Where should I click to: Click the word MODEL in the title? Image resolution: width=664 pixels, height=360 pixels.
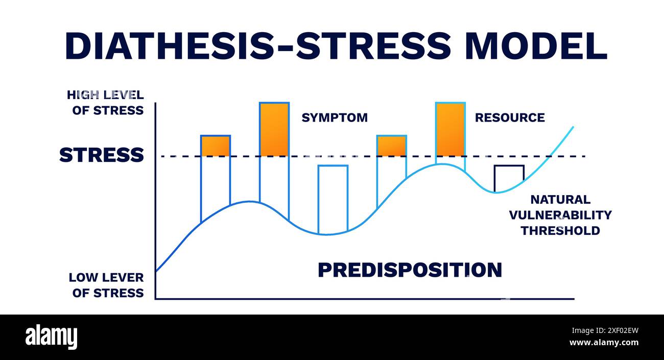point(537,46)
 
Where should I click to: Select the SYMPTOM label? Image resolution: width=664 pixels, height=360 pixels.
point(335,117)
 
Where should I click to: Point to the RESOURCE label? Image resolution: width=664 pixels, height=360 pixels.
point(510,117)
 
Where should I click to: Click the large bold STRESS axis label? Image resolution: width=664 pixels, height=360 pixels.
point(102,155)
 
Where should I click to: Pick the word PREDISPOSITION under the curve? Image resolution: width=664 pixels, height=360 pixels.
point(410,270)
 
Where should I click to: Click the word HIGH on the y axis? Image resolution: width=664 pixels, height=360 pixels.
point(83,95)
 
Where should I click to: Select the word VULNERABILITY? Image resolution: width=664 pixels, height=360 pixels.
point(560,215)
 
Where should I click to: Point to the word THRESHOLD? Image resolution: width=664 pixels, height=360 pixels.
point(560,230)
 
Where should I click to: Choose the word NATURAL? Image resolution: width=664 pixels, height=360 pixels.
point(560,200)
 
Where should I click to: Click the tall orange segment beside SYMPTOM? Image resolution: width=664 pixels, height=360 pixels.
point(274,129)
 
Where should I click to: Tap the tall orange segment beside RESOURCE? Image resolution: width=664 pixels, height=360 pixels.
point(450,129)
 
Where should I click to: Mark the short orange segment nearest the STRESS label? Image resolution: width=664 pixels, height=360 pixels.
point(216,146)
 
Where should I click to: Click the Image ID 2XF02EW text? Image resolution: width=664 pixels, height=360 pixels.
point(605,330)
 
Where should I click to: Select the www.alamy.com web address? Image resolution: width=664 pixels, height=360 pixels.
point(604,343)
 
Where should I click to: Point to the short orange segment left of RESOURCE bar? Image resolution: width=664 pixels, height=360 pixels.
point(392,146)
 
